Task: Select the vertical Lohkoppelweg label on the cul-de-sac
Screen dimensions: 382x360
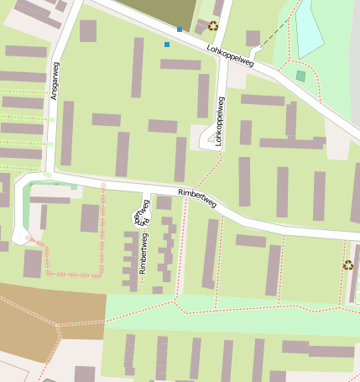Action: coord(221,123)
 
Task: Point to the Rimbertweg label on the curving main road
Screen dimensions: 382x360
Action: coord(197,198)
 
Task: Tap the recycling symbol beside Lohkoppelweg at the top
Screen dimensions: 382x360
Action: coord(213,26)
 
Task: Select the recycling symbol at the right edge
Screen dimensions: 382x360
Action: coord(347,265)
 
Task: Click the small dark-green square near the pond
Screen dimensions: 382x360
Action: coord(300,76)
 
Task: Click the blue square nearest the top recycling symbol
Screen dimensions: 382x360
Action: coord(179,29)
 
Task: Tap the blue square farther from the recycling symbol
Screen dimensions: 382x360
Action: coord(167,44)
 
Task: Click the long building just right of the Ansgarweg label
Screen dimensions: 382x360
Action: coord(67,133)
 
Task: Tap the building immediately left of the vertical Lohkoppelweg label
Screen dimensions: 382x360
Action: coord(203,96)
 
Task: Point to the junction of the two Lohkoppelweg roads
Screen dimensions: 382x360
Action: coord(225,53)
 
